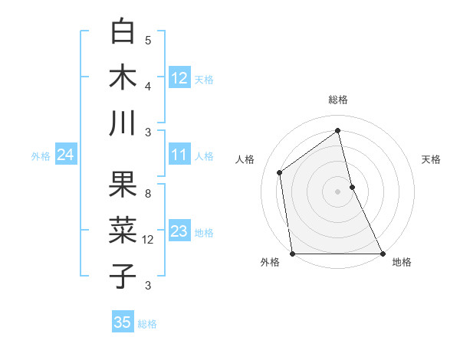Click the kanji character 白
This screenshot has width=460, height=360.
tap(123, 32)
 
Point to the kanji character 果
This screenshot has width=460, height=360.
tap(123, 185)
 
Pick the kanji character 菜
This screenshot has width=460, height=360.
tap(123, 231)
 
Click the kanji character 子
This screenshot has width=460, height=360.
tap(123, 276)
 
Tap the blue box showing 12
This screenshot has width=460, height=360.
tap(179, 77)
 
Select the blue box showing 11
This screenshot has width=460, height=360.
tap(179, 155)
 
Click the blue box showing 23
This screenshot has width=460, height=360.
tap(179, 231)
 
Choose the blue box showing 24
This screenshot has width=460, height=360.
tap(65, 155)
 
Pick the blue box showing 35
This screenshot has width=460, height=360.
tap(123, 322)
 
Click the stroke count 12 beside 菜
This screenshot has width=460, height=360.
tap(149, 240)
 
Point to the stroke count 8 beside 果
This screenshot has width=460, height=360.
tap(149, 193)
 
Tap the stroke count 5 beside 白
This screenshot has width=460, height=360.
tap(149, 40)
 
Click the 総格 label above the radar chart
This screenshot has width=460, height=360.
tap(337, 100)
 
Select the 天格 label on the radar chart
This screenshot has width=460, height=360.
tap(431, 159)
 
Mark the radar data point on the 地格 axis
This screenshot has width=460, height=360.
tap(382, 254)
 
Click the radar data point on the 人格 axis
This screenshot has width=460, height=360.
tap(279, 172)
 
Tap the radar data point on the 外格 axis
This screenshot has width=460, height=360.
tap(292, 254)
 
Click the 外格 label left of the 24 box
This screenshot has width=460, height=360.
tap(41, 156)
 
